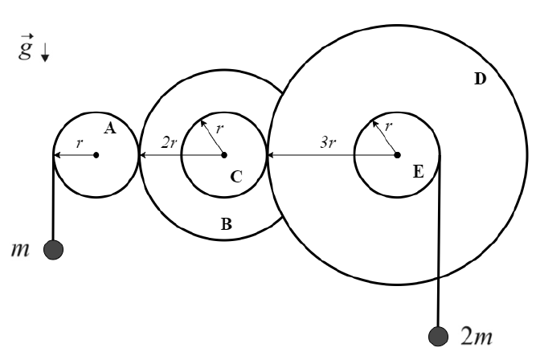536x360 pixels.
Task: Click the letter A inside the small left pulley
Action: click(111, 127)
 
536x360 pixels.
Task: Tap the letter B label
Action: click(226, 226)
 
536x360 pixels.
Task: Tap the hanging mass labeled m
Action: click(55, 249)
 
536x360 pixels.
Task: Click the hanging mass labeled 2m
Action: click(439, 335)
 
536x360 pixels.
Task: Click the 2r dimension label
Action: click(168, 142)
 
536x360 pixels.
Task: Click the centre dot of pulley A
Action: click(96, 154)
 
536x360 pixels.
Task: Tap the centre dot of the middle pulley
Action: click(223, 154)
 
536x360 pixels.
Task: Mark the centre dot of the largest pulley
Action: click(397, 154)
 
